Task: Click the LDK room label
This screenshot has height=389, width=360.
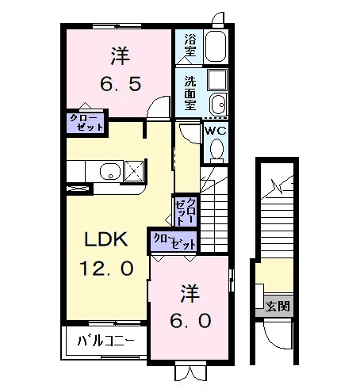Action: pyautogui.click(x=106, y=239)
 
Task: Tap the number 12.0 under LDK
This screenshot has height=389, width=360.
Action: pyautogui.click(x=106, y=268)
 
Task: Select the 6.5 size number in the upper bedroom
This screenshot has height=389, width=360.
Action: pyautogui.click(x=121, y=85)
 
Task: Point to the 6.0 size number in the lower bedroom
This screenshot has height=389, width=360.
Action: pyautogui.click(x=190, y=321)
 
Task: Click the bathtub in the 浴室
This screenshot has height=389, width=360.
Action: pyautogui.click(x=216, y=47)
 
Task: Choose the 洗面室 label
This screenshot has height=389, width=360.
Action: pyautogui.click(x=190, y=93)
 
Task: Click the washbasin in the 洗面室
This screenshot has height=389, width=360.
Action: pyautogui.click(x=218, y=105)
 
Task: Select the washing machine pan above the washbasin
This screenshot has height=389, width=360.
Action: pyautogui.click(x=217, y=80)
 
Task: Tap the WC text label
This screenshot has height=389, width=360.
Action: pyautogui.click(x=216, y=131)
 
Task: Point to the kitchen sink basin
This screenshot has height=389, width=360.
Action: pyautogui.click(x=110, y=172)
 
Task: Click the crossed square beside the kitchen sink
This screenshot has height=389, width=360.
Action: pyautogui.click(x=134, y=171)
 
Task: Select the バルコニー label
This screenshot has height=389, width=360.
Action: pyautogui.click(x=105, y=341)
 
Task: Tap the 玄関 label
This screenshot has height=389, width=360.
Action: pyautogui.click(x=278, y=307)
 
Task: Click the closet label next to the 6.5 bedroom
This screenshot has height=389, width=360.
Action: pyautogui.click(x=86, y=123)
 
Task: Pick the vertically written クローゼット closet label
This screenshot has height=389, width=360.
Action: pyautogui.click(x=186, y=211)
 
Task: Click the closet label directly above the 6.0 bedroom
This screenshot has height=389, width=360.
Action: pyautogui.click(x=174, y=241)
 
